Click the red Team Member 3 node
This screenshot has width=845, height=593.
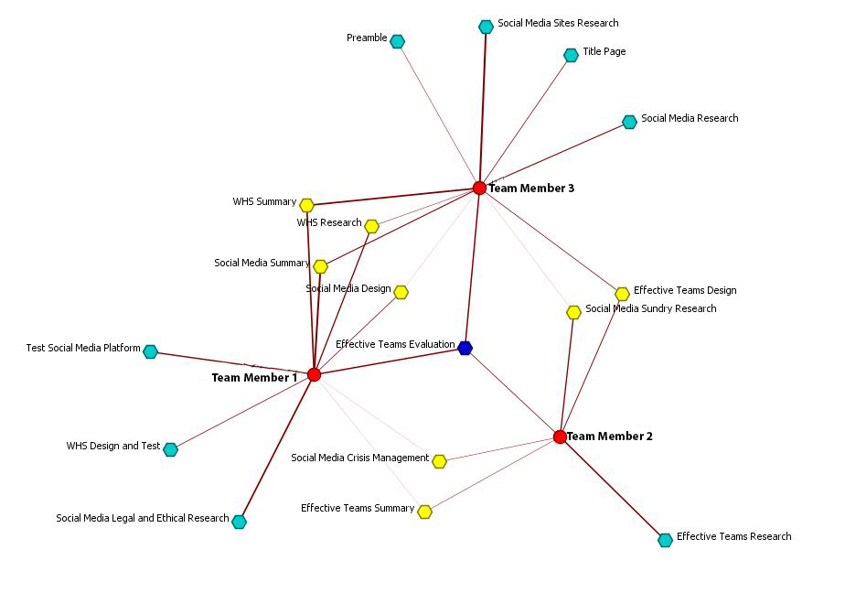click(x=479, y=188)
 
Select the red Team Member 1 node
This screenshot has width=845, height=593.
click(x=314, y=374)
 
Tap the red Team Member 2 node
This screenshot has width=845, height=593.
click(x=560, y=437)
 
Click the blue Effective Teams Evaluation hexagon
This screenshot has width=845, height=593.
click(x=465, y=348)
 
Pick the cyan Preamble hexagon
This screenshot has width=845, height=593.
click(x=397, y=41)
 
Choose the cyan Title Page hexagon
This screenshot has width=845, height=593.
click(x=571, y=55)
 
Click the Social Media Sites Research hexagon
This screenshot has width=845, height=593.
click(x=486, y=27)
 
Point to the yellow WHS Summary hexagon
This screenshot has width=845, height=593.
click(x=306, y=205)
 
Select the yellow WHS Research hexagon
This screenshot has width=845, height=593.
click(x=371, y=226)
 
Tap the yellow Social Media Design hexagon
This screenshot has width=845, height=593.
click(x=401, y=292)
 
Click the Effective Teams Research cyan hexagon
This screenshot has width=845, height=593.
click(x=665, y=540)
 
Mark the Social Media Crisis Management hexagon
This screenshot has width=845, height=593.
click(x=439, y=461)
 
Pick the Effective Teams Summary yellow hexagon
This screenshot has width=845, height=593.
click(x=424, y=512)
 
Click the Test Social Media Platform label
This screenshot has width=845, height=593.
click(x=83, y=349)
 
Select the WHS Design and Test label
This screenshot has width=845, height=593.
click(x=112, y=447)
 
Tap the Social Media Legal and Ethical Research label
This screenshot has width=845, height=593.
click(x=142, y=518)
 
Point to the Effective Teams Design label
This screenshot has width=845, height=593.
click(x=684, y=290)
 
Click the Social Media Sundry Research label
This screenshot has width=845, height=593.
click(x=650, y=308)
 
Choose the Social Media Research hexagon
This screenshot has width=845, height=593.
click(x=629, y=122)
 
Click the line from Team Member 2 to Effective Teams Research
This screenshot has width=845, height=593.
click(x=613, y=489)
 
